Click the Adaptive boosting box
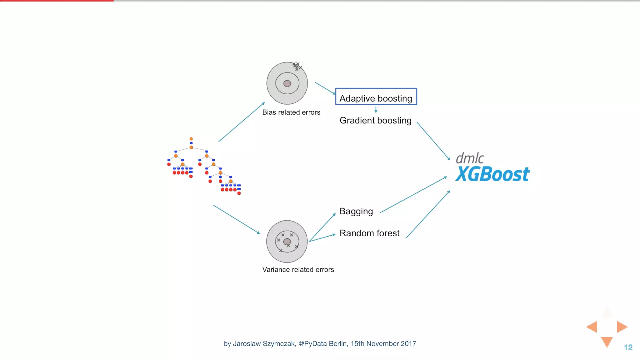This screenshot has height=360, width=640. point(376,97)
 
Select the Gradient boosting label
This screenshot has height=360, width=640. point(375,121)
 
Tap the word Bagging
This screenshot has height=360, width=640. point(356,212)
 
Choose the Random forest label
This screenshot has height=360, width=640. point(369,233)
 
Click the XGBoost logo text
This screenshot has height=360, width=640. point(492,174)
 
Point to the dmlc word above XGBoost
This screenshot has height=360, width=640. point(470,158)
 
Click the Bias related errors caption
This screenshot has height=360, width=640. point(291,112)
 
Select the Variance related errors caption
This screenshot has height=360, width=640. point(298,270)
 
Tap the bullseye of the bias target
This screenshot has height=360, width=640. point(287,83)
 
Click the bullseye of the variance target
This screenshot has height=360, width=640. point(287,242)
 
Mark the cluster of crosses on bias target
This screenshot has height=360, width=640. point(297,66)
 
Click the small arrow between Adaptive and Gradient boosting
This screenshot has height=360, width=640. point(376,110)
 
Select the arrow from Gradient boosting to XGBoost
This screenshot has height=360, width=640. point(433,141)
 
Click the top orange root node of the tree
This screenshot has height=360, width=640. point(191,139)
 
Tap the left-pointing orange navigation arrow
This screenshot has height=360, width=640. point(592,327)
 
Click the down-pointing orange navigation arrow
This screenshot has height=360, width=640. point(607,341)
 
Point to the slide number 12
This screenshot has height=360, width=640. point(628,347)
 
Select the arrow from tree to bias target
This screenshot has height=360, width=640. point(241,122)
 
